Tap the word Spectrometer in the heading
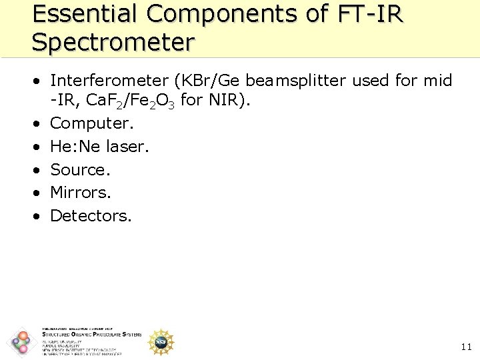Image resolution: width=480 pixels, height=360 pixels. click(113, 42)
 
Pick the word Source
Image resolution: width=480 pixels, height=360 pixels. click(80, 169)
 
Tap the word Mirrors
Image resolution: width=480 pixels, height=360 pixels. click(81, 193)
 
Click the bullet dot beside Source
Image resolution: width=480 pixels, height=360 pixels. click(39, 170)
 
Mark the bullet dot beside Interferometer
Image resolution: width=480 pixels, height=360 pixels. click(39, 81)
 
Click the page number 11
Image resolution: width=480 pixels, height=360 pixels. click(466, 346)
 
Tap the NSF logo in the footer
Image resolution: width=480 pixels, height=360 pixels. click(161, 342)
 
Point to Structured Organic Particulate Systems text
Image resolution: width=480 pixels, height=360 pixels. click(91, 335)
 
